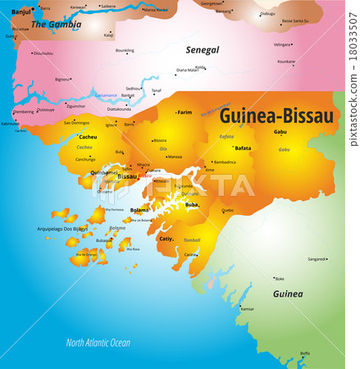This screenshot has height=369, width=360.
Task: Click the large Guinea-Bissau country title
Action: pyautogui.click(x=276, y=116)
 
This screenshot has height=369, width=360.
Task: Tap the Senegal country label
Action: pyautogui.click(x=202, y=50)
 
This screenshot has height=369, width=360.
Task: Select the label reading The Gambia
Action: pyautogui.click(x=56, y=25)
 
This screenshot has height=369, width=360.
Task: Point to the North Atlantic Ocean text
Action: pyautogui.click(x=98, y=342)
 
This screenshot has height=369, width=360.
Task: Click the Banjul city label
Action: pyautogui.click(x=21, y=11)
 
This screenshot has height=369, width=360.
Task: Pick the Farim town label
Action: pyautogui.click(x=185, y=112)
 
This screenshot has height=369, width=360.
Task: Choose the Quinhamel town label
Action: pyautogui.click(x=104, y=172)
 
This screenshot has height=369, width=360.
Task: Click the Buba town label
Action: pyautogui.click(x=192, y=205)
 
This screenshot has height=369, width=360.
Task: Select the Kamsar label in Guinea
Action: pyautogui.click(x=247, y=308)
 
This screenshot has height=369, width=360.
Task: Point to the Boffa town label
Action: pyautogui.click(x=304, y=353)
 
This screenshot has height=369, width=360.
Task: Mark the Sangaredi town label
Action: pyautogui.click(x=317, y=259)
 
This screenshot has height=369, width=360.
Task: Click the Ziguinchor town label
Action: pyautogui.click(x=75, y=106)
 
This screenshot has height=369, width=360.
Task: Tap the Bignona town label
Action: pyautogui.click(x=62, y=80)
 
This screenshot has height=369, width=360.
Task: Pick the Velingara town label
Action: pyautogui.click(x=282, y=44)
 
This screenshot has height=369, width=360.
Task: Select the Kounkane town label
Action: pyautogui.click(x=286, y=61)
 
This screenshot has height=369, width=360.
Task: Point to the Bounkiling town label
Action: pyautogui.click(x=125, y=50)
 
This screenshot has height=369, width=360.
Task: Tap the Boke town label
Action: pyautogui.click(x=280, y=278)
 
